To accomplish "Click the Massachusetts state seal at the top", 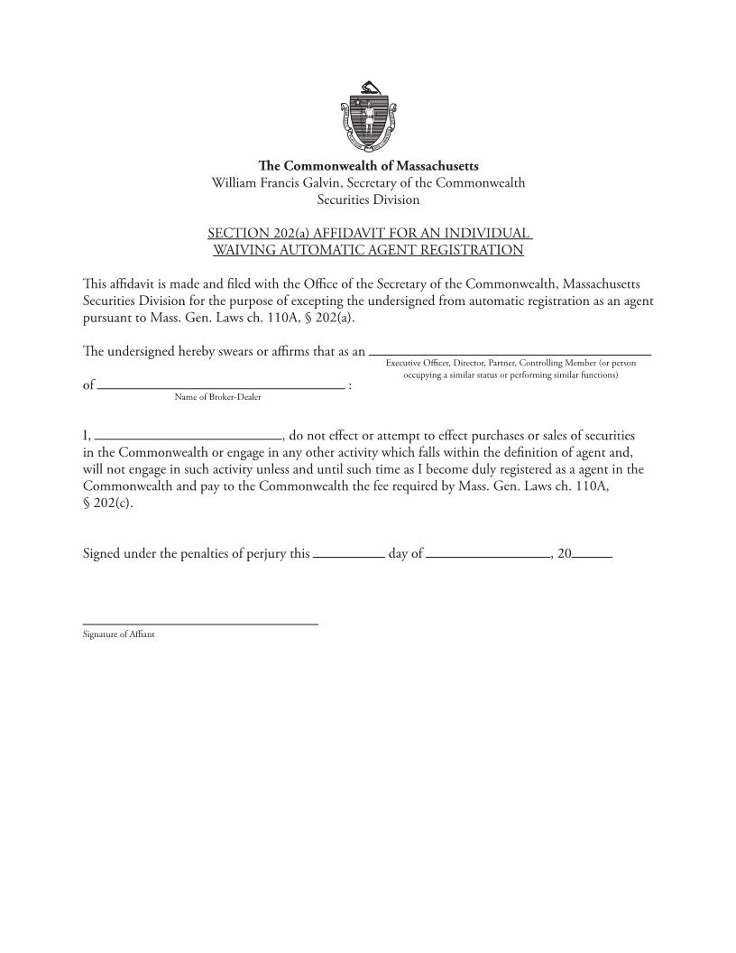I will [368, 116].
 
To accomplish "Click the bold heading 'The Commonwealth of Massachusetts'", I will [368, 166].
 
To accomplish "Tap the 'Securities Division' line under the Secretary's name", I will [368, 199].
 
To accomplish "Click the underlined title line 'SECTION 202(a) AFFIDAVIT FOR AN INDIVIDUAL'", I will [368, 233].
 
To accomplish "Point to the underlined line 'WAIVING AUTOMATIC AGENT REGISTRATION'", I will [368, 250].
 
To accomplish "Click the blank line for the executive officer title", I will [510, 352].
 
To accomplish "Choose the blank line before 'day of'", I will [348, 556].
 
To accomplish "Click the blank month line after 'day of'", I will [488, 556].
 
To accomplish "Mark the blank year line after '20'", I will [593, 556].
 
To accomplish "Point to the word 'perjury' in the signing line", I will [253, 552].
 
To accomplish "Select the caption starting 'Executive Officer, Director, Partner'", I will [511, 363].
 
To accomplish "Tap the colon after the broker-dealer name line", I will [349, 385].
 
